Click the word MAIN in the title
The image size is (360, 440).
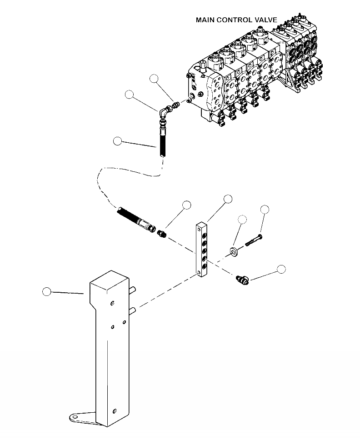click(205, 20)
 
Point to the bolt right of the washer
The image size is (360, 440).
click(254, 241)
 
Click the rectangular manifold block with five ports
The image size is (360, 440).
click(203, 250)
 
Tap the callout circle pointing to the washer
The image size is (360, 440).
click(242, 220)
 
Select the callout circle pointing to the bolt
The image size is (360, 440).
click(265, 209)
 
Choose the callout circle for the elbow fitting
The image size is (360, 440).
click(130, 95)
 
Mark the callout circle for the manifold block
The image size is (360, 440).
click(228, 199)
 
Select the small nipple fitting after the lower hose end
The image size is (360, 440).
click(161, 235)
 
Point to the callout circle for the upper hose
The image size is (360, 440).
click(117, 141)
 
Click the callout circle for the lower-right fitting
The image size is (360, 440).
click(281, 269)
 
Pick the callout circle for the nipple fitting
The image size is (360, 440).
click(186, 205)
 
